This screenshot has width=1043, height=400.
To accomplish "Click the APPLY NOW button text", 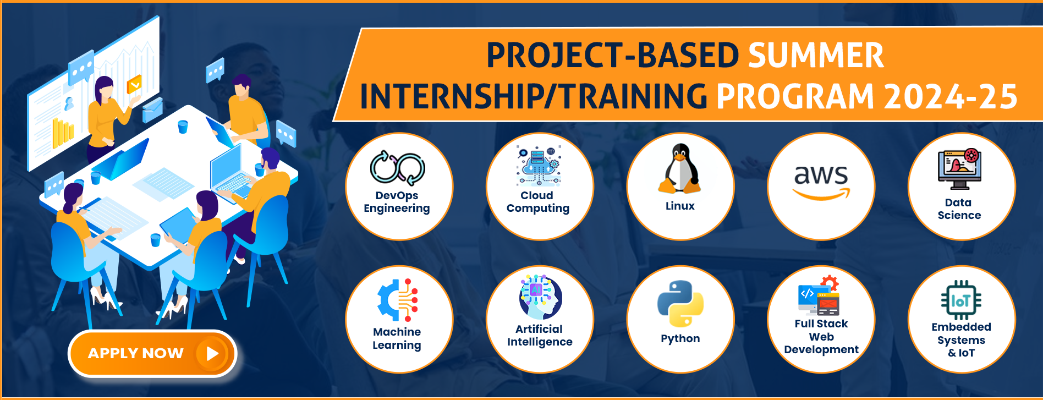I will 135,353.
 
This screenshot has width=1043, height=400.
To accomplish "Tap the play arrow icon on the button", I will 212,354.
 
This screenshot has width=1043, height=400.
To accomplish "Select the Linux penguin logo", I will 680,169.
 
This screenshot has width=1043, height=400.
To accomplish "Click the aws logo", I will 821,180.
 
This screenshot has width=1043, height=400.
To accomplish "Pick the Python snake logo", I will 680,304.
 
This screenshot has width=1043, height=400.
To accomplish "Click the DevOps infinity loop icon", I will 398,168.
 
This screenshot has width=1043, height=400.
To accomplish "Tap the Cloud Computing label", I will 537,202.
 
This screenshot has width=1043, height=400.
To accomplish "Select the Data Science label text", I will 959,209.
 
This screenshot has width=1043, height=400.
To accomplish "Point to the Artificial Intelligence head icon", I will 540,297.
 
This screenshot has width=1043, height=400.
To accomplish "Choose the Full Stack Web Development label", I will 821,337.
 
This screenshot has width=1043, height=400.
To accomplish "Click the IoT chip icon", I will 960,300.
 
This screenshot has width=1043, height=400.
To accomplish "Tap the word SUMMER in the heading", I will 815,56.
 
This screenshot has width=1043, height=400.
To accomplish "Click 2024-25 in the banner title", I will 950,97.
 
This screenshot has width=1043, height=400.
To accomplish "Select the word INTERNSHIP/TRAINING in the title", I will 533,97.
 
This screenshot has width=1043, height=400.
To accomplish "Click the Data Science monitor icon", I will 959,168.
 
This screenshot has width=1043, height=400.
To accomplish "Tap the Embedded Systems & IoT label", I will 961,340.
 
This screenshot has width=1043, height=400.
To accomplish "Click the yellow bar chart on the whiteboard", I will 62,133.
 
